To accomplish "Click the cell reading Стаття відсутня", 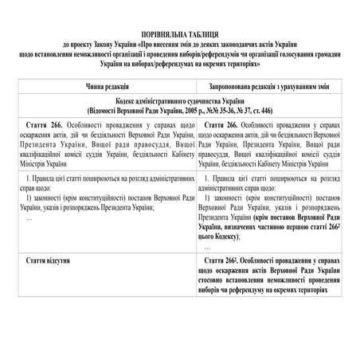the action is pyautogui.click(x=53, y=260).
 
